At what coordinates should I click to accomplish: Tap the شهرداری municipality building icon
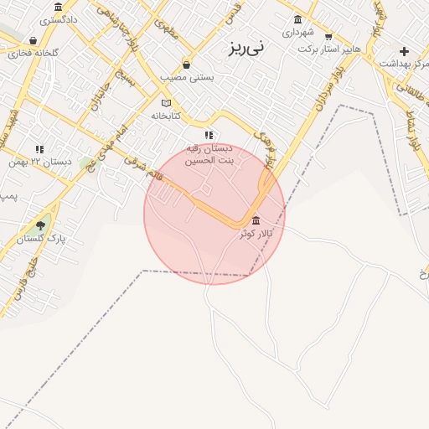pyautogui.click(x=297, y=20)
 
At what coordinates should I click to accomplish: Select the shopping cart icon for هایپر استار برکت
pyautogui.click(x=328, y=36)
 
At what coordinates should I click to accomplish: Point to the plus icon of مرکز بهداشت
pyautogui.click(x=404, y=51)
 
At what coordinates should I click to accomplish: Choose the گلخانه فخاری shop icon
pyautogui.click(x=33, y=40)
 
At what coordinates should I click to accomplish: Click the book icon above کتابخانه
pyautogui.click(x=166, y=103)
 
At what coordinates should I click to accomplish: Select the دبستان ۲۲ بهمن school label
pyautogui.click(x=39, y=161)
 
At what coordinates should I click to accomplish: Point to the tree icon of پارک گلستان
pyautogui.click(x=40, y=225)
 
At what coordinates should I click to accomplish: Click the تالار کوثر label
pyautogui.click(x=256, y=233)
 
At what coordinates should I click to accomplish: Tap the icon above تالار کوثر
pyautogui.click(x=256, y=220)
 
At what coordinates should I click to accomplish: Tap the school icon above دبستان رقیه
pyautogui.click(x=209, y=135)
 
